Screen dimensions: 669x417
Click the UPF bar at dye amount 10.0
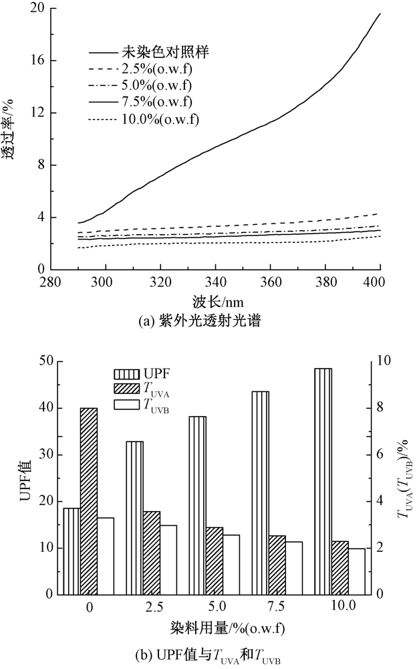click(x=323, y=482)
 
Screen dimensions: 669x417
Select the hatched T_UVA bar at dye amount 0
click(x=89, y=501)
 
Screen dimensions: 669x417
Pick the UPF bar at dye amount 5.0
click(x=197, y=505)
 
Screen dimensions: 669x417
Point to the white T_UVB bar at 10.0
click(x=356, y=571)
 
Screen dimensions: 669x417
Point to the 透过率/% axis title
click(x=9, y=131)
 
